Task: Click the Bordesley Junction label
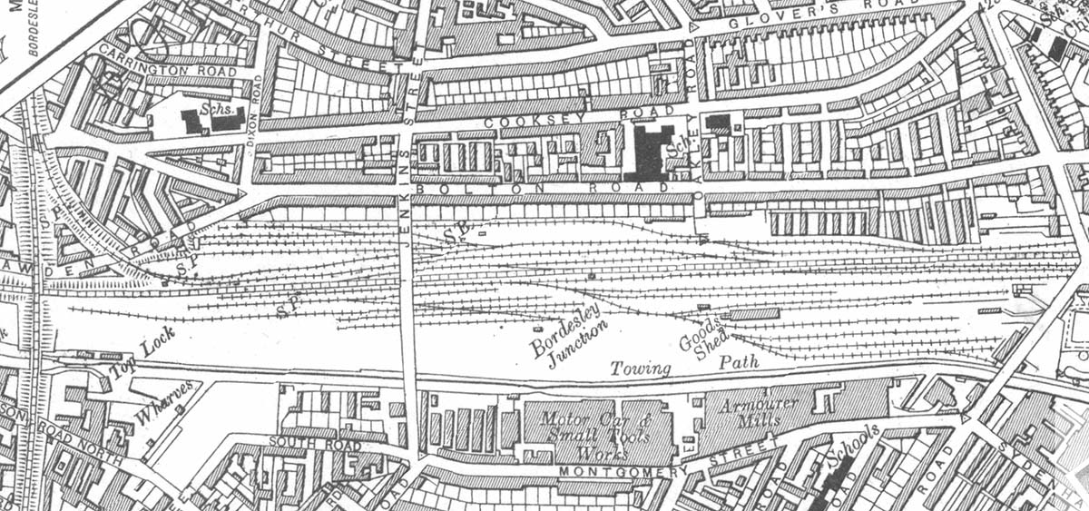[568, 339]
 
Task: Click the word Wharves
[164, 403]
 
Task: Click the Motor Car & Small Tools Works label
[597, 431]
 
